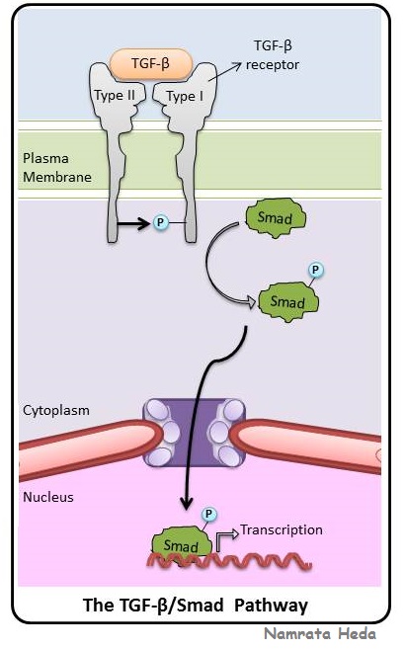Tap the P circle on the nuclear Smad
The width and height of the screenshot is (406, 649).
[x=209, y=515]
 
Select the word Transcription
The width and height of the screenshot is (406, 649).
[x=282, y=529]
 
